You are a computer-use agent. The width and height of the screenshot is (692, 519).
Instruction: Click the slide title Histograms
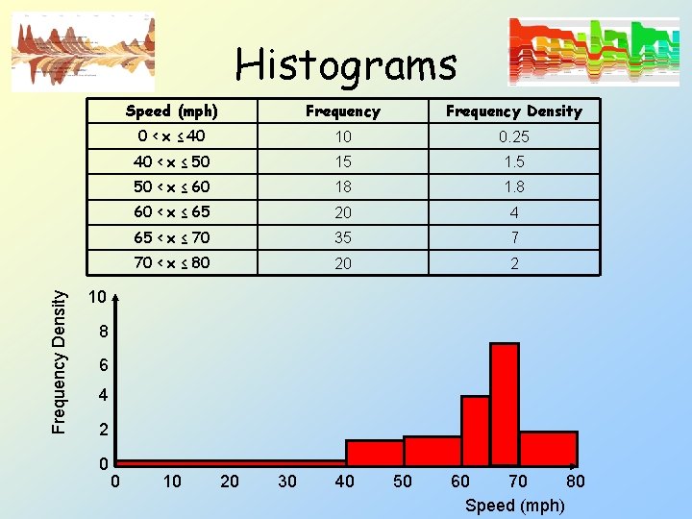pos(346,65)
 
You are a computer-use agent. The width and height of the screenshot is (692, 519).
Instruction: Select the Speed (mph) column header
pos(172,111)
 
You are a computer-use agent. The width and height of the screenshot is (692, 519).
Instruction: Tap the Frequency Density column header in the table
pos(513,111)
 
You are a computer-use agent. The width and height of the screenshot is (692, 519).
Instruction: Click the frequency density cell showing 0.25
pos(513,136)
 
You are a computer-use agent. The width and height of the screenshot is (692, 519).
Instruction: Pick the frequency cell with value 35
pos(343,237)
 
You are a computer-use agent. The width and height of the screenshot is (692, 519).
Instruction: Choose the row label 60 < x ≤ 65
pos(172,211)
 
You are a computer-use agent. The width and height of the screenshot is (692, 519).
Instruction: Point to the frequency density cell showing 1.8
pos(513,186)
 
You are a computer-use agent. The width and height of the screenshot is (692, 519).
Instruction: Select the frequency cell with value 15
pos(343,161)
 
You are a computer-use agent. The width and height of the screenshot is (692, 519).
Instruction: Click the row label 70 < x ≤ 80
pos(172,262)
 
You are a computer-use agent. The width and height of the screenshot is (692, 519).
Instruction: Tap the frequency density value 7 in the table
pos(514,237)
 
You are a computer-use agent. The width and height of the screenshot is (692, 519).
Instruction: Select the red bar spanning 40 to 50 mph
pos(374,453)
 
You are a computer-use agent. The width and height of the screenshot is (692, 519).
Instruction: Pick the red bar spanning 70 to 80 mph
pos(548,448)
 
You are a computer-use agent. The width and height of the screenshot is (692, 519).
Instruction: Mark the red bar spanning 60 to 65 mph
pos(475,431)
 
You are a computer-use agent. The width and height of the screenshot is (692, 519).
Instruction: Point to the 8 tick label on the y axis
pos(104,333)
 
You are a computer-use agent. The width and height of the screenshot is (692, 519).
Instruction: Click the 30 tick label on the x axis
pos(286,481)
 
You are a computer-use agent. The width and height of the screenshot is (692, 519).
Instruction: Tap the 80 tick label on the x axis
pos(575,481)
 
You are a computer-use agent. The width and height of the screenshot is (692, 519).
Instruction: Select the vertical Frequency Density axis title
pos(60,362)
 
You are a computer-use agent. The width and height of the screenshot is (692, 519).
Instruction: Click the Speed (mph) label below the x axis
pos(514,506)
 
